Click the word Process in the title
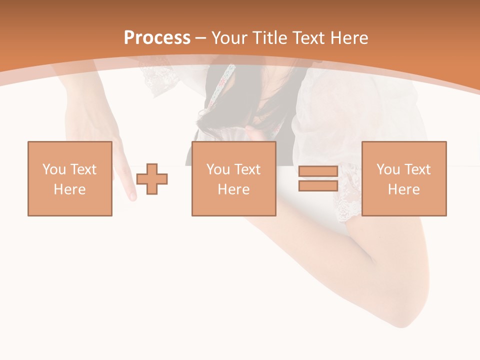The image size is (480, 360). point(157,38)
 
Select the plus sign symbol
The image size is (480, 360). point(152,179)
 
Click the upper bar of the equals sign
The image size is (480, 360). point(318,171)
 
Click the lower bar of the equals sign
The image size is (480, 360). point(318,186)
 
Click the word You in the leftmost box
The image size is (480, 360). point(53,169)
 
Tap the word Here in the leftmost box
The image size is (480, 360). point(69,189)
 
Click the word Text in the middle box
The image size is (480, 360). point(248,169)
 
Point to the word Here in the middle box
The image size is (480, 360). point(233,189)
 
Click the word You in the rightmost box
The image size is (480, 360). point(387,169)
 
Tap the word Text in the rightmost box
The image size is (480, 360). point(418,169)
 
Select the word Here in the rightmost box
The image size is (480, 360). point(403,189)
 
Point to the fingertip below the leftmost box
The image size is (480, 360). point(132,196)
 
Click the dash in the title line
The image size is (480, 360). point(201,38)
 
